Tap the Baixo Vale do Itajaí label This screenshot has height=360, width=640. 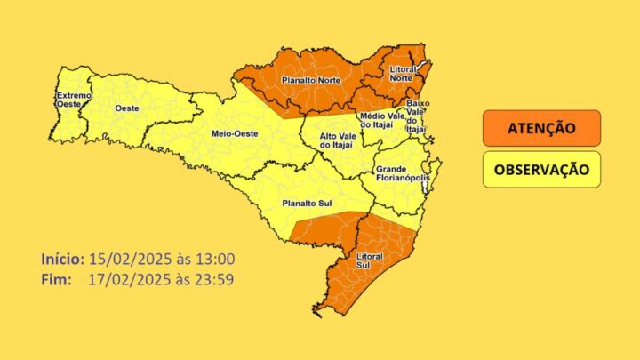pyautogui.click(x=417, y=116)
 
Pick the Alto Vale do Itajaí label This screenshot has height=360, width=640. pyautogui.click(x=335, y=140)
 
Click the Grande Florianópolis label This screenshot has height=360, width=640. pyautogui.click(x=403, y=174)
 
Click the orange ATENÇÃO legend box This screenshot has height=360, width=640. pyautogui.click(x=541, y=129)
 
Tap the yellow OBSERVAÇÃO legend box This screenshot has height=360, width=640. pyautogui.click(x=541, y=169)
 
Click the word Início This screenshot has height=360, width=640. pyautogui.click(x=62, y=259)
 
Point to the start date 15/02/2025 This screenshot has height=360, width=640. pyautogui.click(x=122, y=259)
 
